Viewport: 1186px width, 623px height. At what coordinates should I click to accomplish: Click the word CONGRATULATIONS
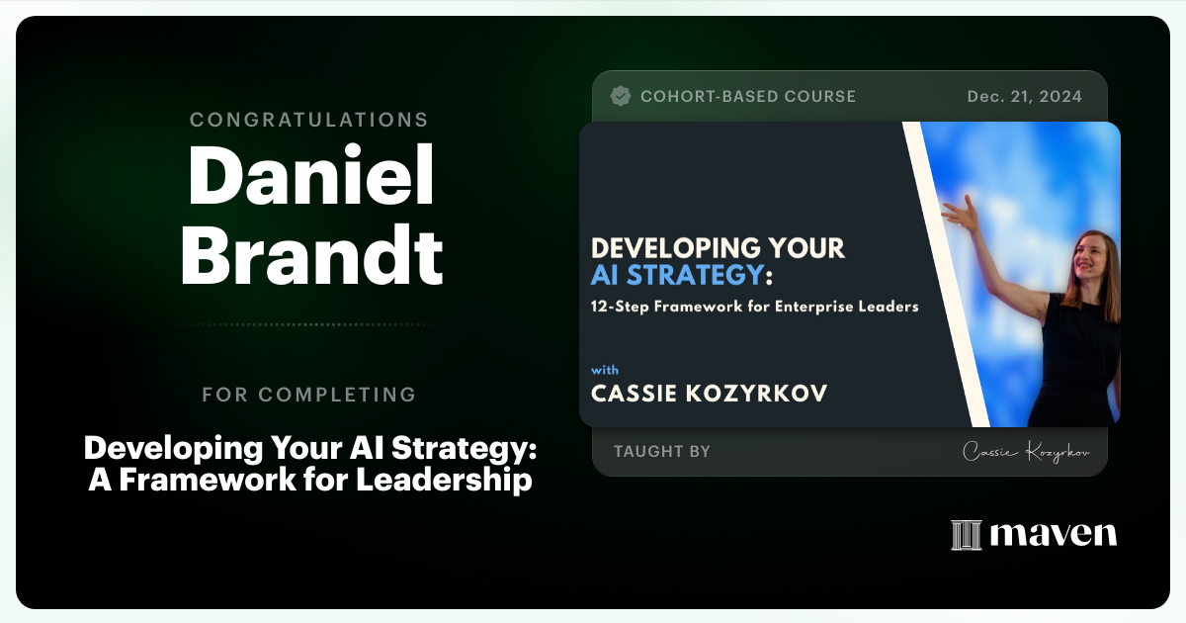click(x=309, y=120)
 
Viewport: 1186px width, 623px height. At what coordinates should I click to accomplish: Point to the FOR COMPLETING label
click(x=309, y=395)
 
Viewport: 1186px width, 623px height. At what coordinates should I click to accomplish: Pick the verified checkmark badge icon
click(x=621, y=96)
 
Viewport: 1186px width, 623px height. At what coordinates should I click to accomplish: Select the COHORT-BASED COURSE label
click(x=748, y=96)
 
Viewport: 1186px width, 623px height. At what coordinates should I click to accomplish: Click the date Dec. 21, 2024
click(x=1023, y=96)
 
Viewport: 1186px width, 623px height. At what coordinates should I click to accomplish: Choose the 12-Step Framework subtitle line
click(x=755, y=307)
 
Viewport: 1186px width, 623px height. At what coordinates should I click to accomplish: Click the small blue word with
click(x=605, y=370)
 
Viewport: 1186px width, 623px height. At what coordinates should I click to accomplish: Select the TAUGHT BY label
click(x=662, y=451)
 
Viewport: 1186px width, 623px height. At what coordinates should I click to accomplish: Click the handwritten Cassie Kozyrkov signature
click(x=1027, y=452)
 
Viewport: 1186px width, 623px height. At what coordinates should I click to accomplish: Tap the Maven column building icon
click(x=966, y=535)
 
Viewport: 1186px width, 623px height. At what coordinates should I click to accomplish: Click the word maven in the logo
click(x=1054, y=535)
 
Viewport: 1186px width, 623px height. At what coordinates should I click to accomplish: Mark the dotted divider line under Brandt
click(x=309, y=324)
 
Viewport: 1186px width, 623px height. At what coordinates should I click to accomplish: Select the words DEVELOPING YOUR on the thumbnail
click(x=719, y=247)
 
